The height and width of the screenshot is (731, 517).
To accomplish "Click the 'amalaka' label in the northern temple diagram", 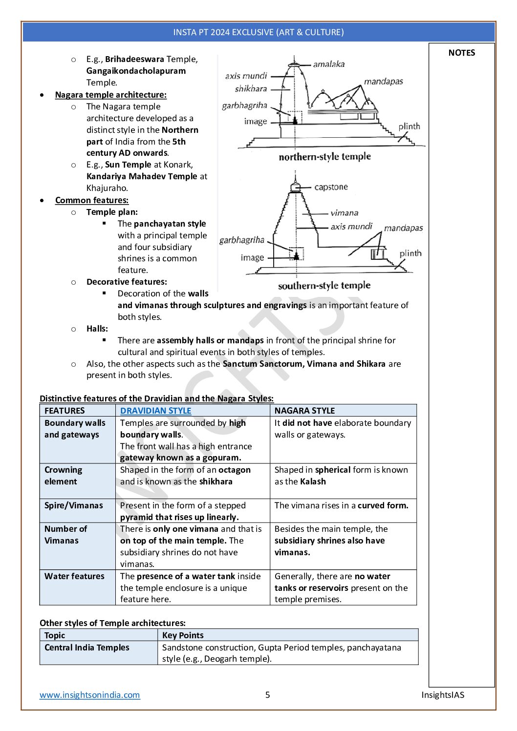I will (x=328, y=64).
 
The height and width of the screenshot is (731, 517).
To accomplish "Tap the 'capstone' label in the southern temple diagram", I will (x=331, y=187).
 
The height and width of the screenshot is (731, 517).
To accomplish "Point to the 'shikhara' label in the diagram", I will (x=251, y=89).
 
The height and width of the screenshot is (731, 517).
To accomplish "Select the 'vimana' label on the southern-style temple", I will (x=344, y=213).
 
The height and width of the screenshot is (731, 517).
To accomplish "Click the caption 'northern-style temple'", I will (x=324, y=157).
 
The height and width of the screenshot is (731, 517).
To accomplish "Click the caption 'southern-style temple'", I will (x=324, y=286).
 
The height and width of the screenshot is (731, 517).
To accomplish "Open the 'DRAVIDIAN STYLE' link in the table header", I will (x=155, y=411).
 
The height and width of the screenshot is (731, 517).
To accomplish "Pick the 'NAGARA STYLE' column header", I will (x=304, y=411).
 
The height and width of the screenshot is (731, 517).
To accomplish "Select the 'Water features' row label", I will (x=74, y=576).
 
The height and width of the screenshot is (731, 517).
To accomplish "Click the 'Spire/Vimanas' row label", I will (x=73, y=505).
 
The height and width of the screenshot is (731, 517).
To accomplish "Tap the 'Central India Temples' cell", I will (x=87, y=647).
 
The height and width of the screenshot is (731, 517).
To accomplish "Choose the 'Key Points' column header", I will (x=183, y=635).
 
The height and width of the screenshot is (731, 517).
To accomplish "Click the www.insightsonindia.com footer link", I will (x=90, y=695).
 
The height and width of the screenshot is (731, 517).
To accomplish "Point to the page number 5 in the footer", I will (x=267, y=695).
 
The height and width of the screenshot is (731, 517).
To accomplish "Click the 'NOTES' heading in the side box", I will (x=461, y=53).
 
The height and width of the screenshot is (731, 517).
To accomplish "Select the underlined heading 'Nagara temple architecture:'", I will (x=110, y=95).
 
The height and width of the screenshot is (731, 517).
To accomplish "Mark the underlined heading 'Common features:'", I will (x=92, y=200).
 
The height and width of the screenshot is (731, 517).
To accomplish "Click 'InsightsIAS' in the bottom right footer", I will (x=443, y=695).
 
